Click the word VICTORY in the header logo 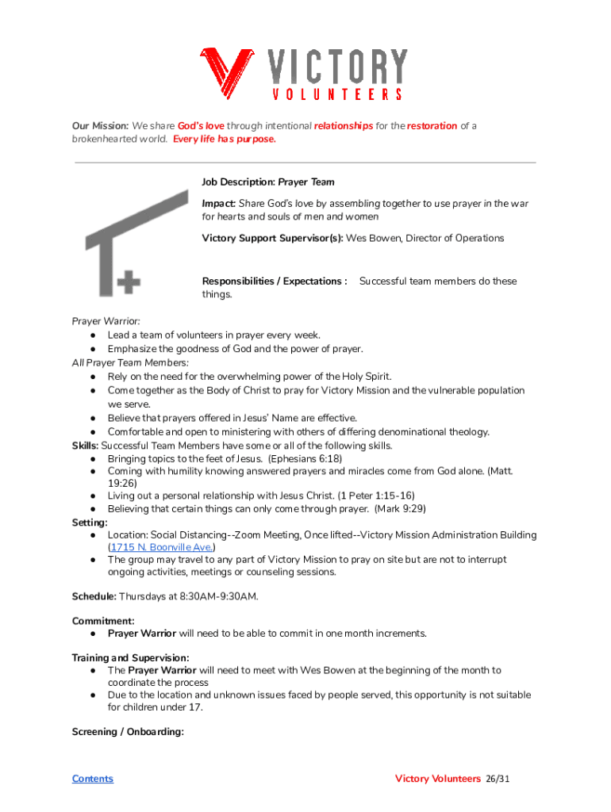[x=337, y=67]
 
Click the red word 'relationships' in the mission [x=344, y=126]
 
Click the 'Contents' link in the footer [x=93, y=779]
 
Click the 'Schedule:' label [x=94, y=596]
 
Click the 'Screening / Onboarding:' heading [x=128, y=732]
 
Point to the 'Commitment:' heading [x=103, y=621]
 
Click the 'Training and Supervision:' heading [x=131, y=658]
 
